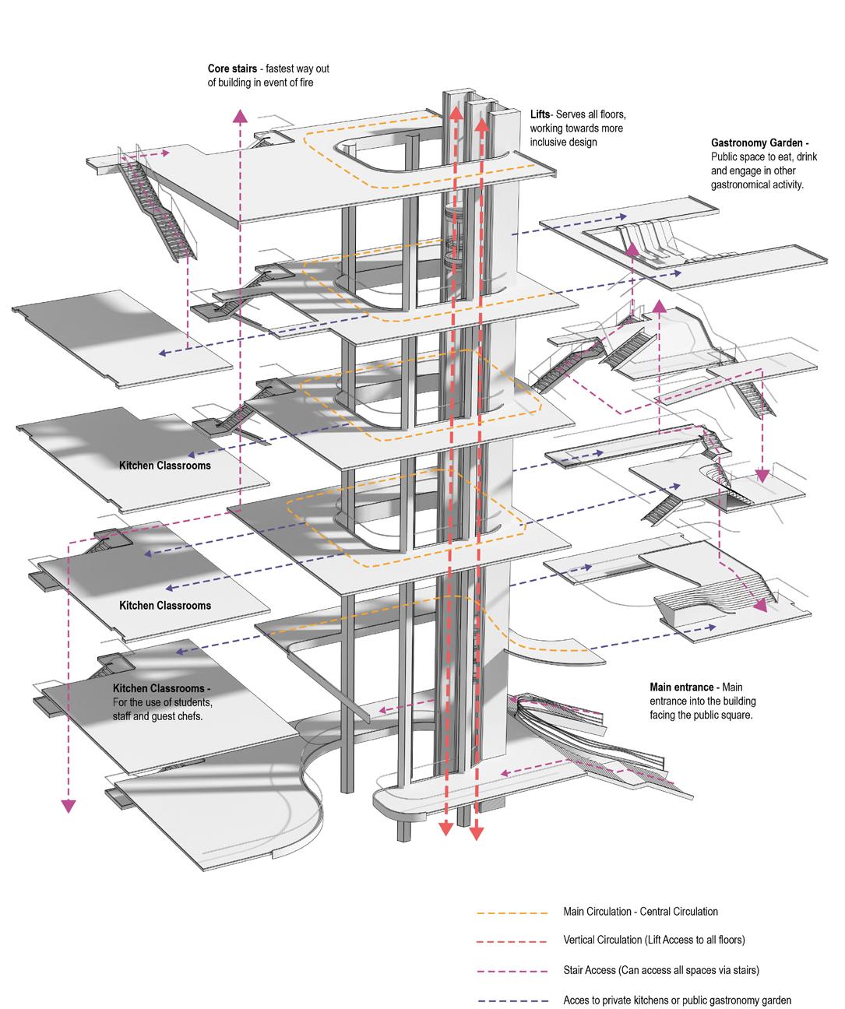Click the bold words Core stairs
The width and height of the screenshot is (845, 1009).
(x=231, y=68)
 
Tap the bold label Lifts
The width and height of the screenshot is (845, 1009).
(x=540, y=114)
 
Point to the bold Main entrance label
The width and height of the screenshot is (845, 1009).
(x=683, y=687)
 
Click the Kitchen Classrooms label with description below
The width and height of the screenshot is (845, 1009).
(x=161, y=690)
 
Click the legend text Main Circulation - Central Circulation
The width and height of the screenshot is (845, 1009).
(x=640, y=912)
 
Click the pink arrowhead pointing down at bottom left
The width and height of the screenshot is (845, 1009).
(x=69, y=807)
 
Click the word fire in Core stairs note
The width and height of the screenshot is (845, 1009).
(x=305, y=83)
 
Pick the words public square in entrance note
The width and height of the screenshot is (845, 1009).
(x=727, y=715)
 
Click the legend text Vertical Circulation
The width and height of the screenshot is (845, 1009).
(x=608, y=940)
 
